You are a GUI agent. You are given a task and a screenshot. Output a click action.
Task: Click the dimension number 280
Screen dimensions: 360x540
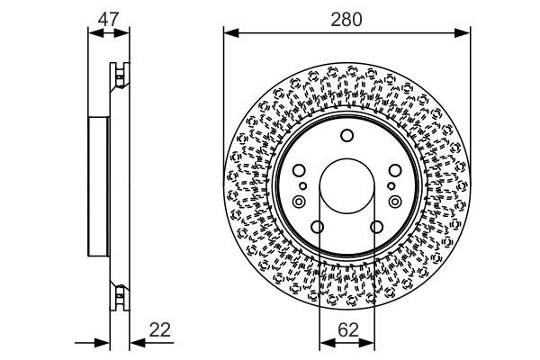tap(346, 18)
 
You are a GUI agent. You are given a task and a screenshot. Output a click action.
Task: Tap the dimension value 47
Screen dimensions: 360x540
tap(109, 17)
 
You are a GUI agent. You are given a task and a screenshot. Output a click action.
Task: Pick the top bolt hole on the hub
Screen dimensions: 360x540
tap(346, 136)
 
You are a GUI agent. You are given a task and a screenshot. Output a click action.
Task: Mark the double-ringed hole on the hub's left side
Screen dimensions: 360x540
tap(298, 203)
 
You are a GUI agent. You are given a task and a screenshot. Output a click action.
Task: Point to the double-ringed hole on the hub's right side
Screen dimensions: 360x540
tap(395, 203)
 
